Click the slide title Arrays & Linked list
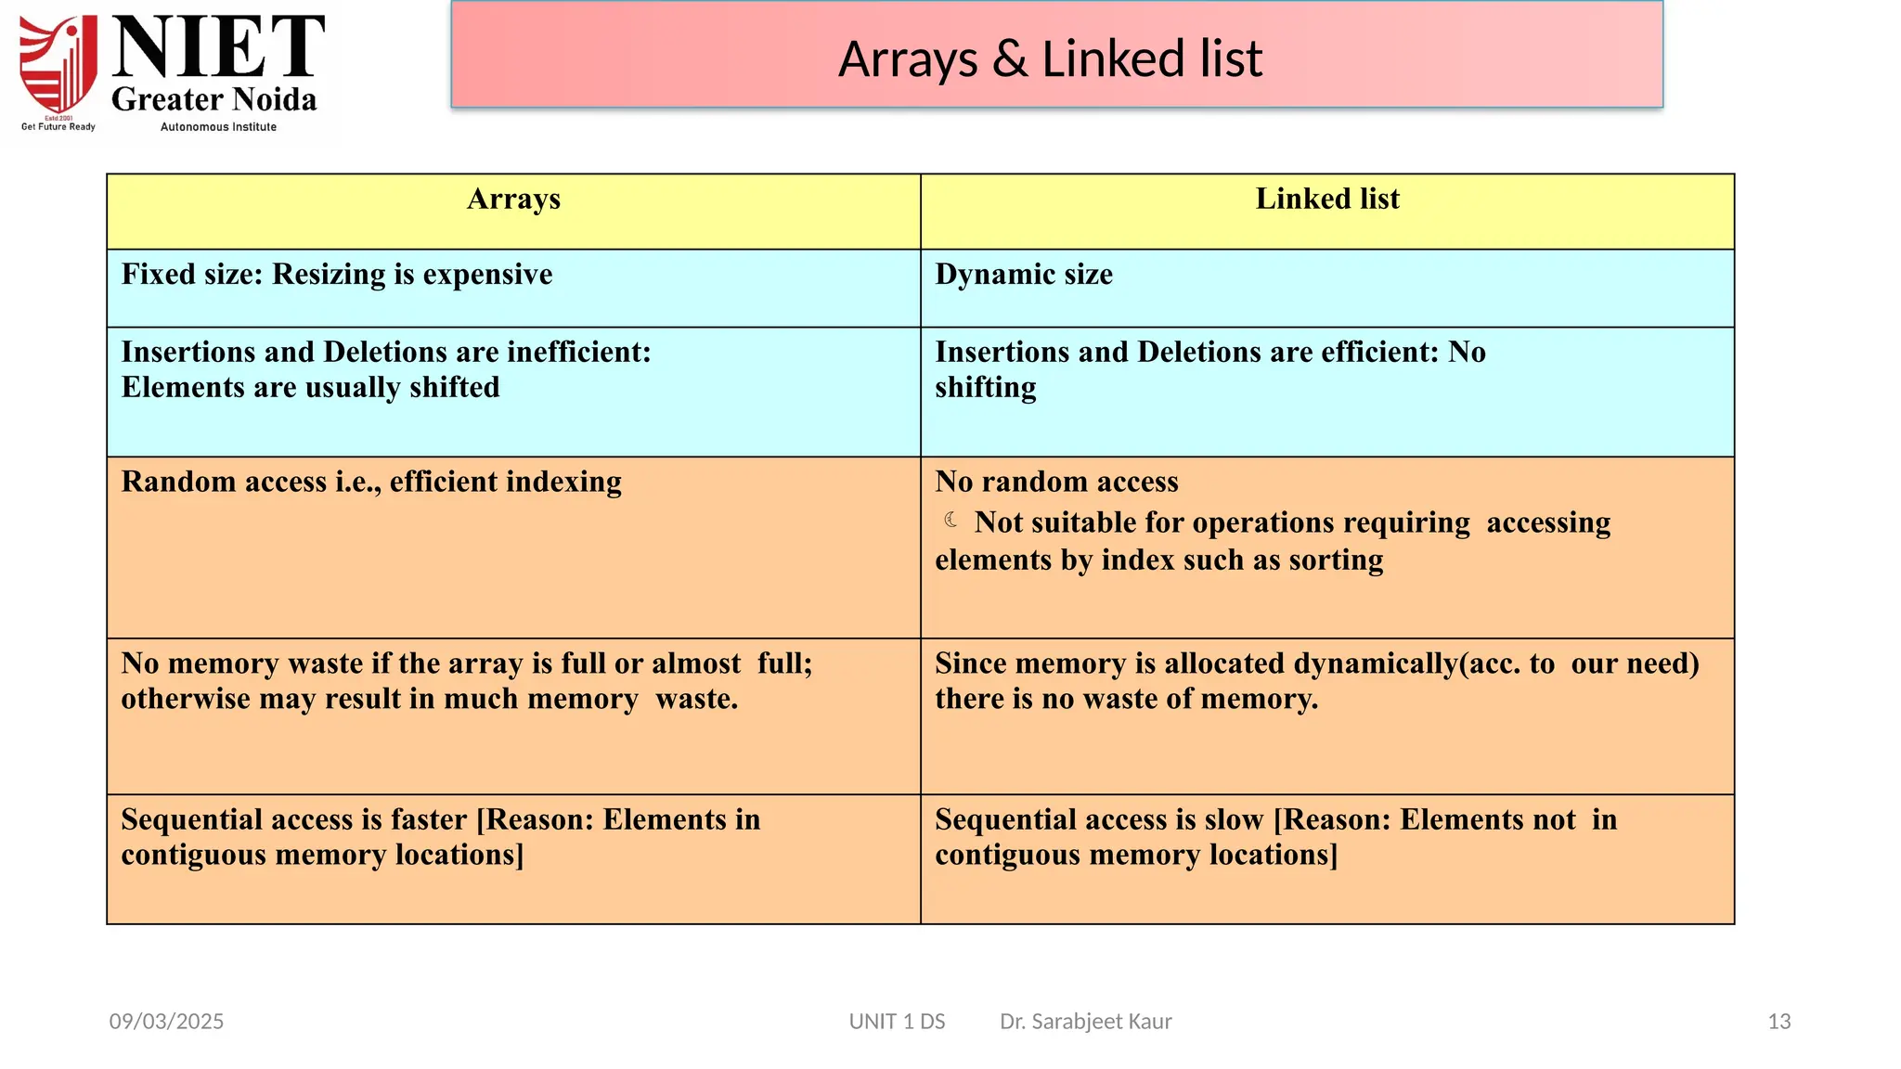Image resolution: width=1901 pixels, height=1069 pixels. click(1050, 58)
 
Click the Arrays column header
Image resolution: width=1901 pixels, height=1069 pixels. click(513, 200)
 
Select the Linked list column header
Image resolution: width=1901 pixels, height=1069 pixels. click(1326, 200)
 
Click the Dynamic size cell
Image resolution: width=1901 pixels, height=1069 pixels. click(1024, 275)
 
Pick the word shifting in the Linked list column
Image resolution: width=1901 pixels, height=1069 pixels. click(985, 388)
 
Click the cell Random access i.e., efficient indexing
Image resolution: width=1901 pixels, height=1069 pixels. click(371, 483)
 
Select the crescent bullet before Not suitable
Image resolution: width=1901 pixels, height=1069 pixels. click(951, 520)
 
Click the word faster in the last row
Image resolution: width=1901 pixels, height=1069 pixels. click(428, 820)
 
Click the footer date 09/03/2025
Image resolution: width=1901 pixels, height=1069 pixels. click(166, 1022)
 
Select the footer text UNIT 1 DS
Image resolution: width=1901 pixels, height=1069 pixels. click(897, 1022)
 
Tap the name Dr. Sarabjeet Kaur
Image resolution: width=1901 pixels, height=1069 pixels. click(1085, 1022)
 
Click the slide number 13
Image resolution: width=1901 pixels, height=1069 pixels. click(1778, 1022)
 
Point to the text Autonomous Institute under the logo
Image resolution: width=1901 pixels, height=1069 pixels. click(218, 127)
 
